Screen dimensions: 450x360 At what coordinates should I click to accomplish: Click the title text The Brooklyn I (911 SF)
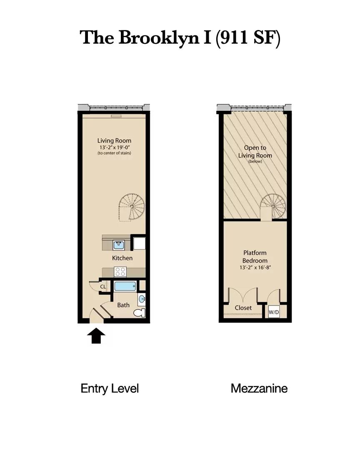180,37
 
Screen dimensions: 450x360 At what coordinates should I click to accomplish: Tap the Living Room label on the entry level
114,141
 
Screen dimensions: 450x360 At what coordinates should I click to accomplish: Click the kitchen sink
118,245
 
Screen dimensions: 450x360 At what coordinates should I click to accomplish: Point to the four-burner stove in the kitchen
120,272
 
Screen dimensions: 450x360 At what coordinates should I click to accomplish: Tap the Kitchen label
122,258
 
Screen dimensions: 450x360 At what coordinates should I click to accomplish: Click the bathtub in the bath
125,286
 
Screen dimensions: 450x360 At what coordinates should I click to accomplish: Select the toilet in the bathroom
142,312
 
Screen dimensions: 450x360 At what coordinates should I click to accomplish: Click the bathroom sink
142,299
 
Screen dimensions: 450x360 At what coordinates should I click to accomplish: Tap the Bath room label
123,305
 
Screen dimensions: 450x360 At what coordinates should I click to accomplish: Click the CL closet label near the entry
102,287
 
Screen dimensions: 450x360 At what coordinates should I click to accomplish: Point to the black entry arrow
96,335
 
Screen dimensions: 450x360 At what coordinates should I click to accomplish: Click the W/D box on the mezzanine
273,312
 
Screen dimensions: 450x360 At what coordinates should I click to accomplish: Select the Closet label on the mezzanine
243,308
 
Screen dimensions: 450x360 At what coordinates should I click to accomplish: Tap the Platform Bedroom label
255,257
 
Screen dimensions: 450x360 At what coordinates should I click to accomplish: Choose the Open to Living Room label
255,152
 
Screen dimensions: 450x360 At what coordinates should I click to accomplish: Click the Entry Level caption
110,388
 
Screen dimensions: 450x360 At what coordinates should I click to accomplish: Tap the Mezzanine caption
259,388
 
